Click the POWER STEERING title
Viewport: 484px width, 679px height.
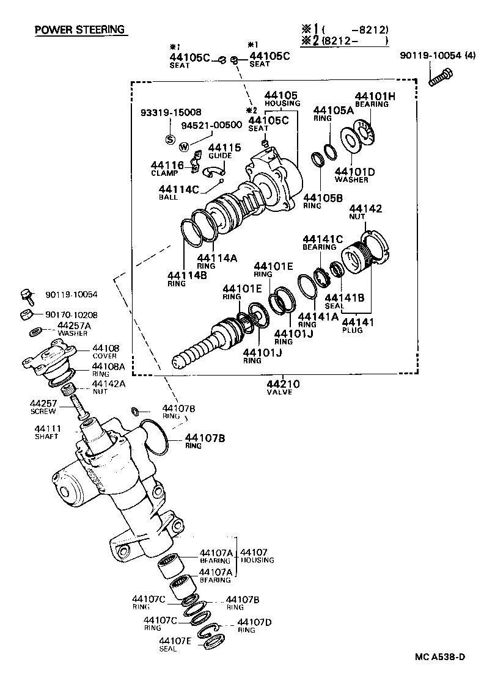79,29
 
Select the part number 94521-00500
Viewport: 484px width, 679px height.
211,125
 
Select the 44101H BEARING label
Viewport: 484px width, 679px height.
372,99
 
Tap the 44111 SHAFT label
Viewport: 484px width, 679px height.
46,432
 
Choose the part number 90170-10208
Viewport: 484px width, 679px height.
71,314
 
